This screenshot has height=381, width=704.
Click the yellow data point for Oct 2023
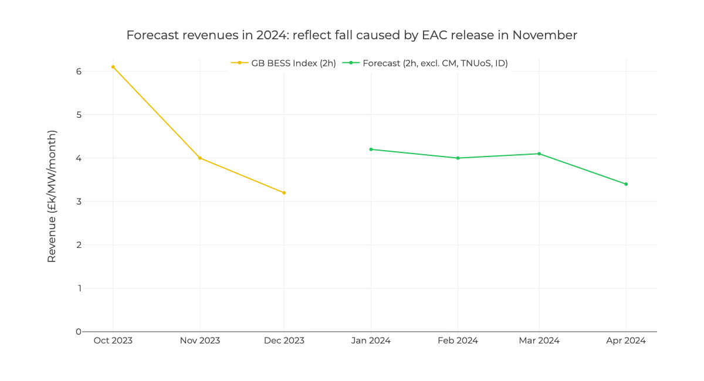click(x=113, y=67)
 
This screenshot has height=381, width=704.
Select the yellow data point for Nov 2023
click(x=200, y=158)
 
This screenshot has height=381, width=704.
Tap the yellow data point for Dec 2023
click(x=284, y=193)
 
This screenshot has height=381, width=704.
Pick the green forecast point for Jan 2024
click(x=371, y=149)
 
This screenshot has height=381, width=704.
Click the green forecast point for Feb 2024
click(x=458, y=158)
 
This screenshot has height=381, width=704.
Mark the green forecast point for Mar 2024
click(x=539, y=154)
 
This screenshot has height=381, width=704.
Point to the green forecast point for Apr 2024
click(x=626, y=184)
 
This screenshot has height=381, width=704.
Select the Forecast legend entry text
click(x=435, y=63)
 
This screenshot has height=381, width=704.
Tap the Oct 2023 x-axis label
click(x=113, y=341)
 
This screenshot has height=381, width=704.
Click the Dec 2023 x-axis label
click(x=284, y=341)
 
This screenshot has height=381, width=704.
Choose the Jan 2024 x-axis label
click(x=371, y=341)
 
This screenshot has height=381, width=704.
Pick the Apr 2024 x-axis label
click(x=626, y=341)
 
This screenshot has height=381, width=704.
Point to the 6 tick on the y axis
click(x=78, y=72)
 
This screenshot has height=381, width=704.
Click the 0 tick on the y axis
click(x=78, y=332)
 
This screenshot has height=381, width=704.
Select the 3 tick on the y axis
click(x=78, y=202)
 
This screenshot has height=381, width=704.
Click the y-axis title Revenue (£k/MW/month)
click(x=52, y=196)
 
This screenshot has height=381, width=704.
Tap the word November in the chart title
click(x=544, y=35)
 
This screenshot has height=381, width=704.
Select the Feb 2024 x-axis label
click(x=458, y=341)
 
